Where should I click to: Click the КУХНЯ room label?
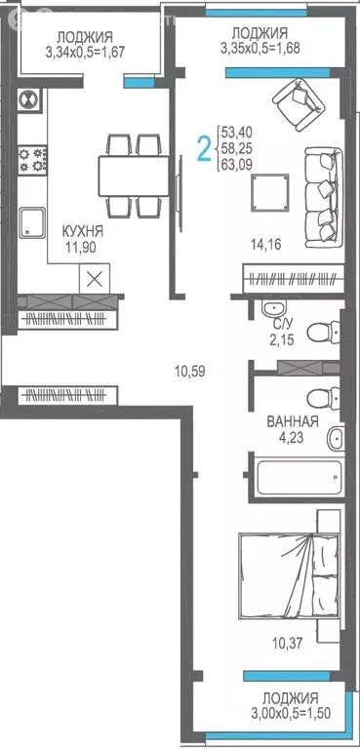82,231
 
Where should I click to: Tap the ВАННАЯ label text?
293,422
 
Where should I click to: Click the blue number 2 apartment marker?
204,149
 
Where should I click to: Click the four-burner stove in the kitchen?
29,160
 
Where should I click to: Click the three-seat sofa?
323,193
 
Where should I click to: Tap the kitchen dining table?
131,176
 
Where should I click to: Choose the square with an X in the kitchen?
94,278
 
